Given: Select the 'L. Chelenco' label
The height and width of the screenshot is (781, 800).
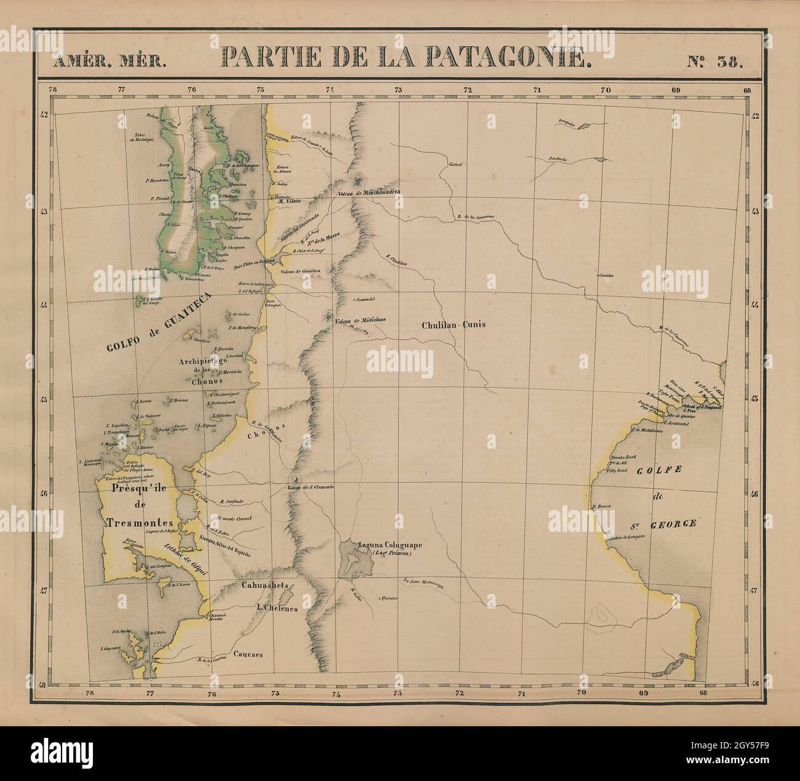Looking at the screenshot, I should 277,608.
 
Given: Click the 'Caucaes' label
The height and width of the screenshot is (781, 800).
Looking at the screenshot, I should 248,654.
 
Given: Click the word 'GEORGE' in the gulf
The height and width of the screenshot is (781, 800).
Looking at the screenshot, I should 670,524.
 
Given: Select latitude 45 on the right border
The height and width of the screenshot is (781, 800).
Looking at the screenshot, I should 755,398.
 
